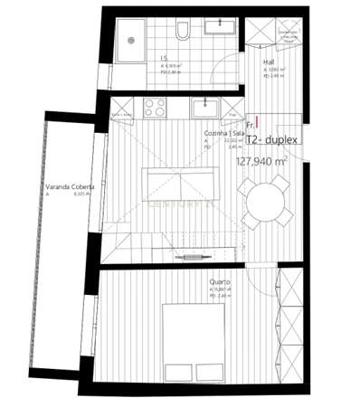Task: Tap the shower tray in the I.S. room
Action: pyautogui.click(x=130, y=39)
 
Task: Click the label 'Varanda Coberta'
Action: pyautogui.click(x=65, y=190)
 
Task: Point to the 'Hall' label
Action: pyautogui.click(x=269, y=63)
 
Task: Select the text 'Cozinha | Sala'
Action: pyautogui.click(x=223, y=132)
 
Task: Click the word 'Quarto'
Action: pyautogui.click(x=220, y=282)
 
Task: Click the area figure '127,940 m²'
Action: pyautogui.click(x=261, y=162)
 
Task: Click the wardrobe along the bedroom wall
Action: pyautogui.click(x=291, y=321)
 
